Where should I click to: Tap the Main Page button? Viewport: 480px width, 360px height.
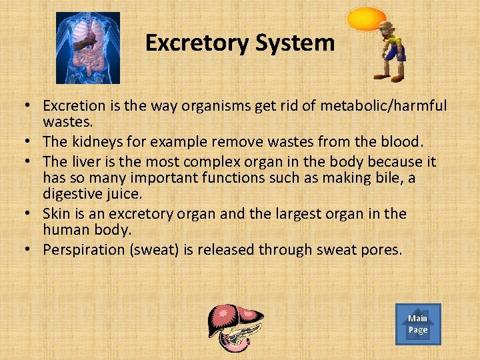point(418,324)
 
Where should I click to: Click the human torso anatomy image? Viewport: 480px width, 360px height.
point(87,48)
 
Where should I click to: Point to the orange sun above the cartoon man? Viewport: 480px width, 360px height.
point(367,18)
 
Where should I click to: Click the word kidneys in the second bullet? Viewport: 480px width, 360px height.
point(93,141)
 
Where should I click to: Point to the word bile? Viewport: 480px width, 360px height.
point(389,178)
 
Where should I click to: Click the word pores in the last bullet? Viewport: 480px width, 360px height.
point(381,249)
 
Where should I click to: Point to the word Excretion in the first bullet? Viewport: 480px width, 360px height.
point(74,106)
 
